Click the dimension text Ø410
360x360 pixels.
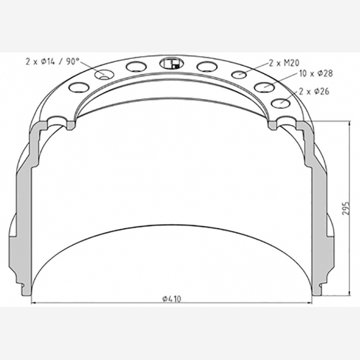[x=172, y=299]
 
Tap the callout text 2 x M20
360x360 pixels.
[x=284, y=63]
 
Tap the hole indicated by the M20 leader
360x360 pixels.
[x=239, y=75]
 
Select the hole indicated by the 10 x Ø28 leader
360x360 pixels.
[x=263, y=87]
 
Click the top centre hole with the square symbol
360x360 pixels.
[x=171, y=63]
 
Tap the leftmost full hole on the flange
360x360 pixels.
[x=78, y=87]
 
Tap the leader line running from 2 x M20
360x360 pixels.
[x=256, y=69]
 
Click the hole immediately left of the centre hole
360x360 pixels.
[x=136, y=67]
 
